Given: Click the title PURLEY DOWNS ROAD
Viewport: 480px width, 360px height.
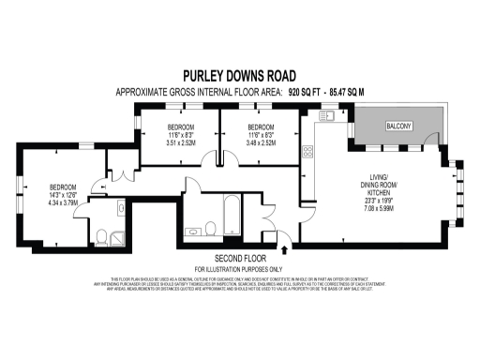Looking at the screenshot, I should tap(239, 76).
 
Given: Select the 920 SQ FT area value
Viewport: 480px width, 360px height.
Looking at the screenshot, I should tap(308, 92).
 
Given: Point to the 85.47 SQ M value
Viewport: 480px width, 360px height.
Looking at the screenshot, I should tap(362, 92).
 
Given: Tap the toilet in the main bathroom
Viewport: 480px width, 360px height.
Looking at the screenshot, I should tap(212, 228).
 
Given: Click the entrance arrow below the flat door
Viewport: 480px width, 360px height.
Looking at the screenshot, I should tap(285, 247).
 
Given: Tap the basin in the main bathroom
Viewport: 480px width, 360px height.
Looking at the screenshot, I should tap(194, 229).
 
